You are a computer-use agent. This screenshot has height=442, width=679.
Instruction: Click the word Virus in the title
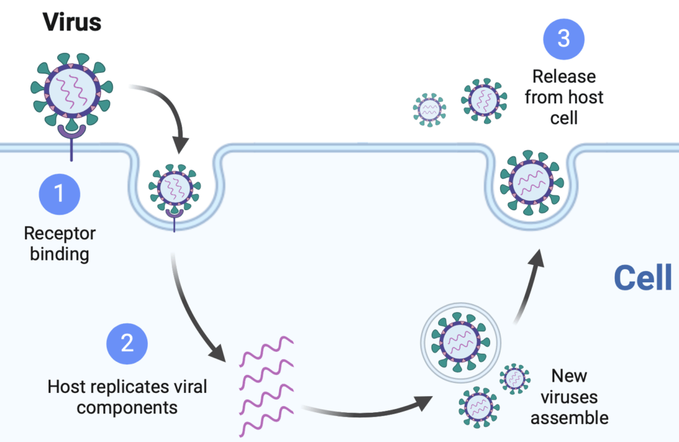click(x=72, y=22)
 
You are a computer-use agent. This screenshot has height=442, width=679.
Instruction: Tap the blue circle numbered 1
click(x=59, y=194)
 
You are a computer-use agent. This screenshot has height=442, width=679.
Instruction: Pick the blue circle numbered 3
click(x=564, y=39)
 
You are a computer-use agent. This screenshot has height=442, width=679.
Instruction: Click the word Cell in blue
click(x=643, y=278)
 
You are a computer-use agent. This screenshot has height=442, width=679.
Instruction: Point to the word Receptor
click(x=60, y=233)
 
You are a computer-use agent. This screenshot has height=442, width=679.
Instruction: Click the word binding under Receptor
click(x=60, y=254)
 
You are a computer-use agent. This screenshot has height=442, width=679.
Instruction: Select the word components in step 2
click(x=127, y=408)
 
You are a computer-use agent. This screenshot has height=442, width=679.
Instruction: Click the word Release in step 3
click(x=564, y=77)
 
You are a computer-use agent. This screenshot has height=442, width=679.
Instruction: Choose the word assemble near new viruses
click(x=570, y=418)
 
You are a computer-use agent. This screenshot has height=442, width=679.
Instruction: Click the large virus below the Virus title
click(x=72, y=89)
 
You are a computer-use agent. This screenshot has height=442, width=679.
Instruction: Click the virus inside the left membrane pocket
click(x=174, y=188)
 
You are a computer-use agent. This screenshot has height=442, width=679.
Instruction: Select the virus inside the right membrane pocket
click(x=532, y=182)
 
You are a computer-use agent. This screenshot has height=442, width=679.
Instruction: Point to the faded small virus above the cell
click(x=430, y=109)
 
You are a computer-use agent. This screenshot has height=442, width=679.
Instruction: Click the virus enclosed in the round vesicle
click(x=460, y=342)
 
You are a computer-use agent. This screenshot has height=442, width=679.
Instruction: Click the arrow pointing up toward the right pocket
click(x=529, y=286)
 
